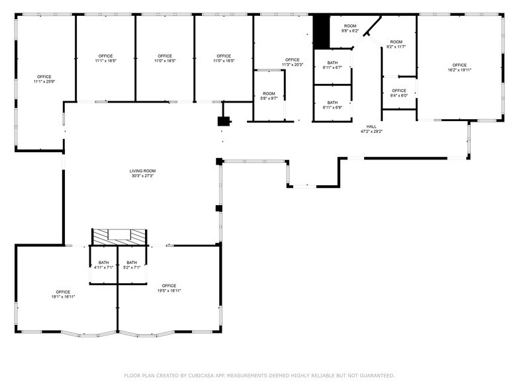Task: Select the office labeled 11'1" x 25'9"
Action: coord(44,79)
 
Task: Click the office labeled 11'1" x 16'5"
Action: coord(105,58)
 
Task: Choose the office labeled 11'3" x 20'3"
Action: coord(292,62)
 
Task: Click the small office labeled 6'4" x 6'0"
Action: coord(399,93)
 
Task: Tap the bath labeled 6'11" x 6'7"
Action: coord(332,65)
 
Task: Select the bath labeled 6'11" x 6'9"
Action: coord(332,105)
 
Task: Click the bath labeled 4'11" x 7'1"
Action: coord(103,265)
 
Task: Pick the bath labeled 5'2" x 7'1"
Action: coord(132,265)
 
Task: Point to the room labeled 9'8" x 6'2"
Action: coord(350,28)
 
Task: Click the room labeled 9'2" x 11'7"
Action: coord(397,44)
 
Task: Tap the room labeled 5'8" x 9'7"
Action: coord(269,96)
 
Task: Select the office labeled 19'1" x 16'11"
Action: coord(63,294)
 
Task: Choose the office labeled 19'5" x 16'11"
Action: coord(169,288)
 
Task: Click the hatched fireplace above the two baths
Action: coord(119,236)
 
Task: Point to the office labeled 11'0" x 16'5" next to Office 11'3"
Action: coord(224,58)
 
